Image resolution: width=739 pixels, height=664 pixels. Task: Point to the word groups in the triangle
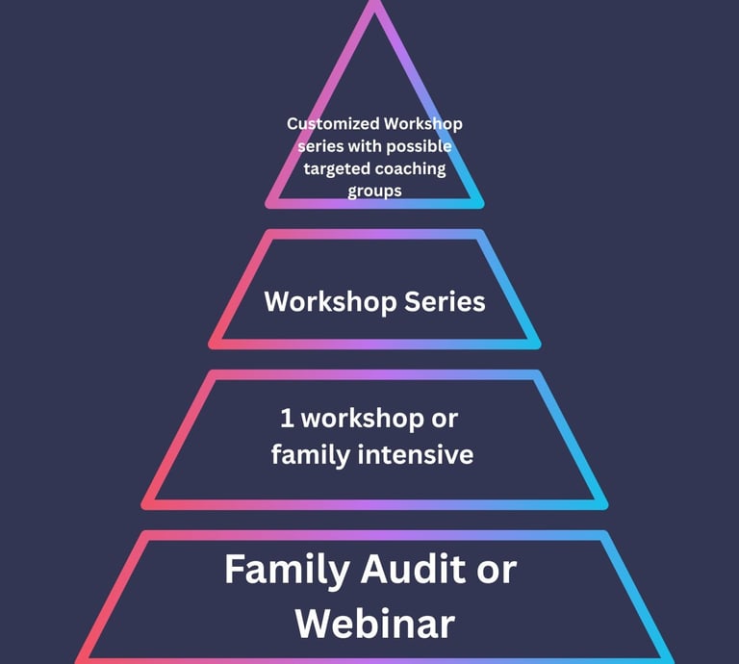pos(374,191)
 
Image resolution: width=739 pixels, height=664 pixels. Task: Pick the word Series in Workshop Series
pos(444,301)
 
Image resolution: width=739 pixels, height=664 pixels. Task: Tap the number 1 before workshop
pos(287,419)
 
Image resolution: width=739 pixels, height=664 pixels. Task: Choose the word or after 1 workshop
pos(442,419)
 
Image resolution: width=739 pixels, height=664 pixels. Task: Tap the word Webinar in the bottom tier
pos(374,624)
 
